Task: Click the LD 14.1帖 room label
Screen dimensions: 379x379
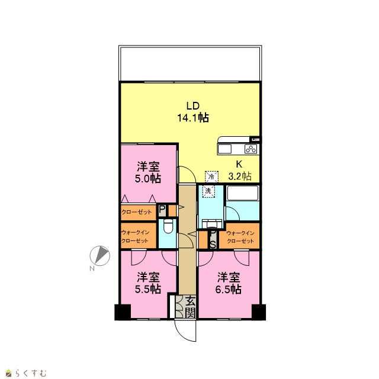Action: tap(193, 112)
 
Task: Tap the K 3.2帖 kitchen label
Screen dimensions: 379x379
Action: tap(240, 170)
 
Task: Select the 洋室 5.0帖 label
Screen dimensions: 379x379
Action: tap(148, 172)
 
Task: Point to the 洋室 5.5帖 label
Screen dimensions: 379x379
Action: tap(148, 283)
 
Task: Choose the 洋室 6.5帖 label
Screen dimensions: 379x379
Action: tap(229, 283)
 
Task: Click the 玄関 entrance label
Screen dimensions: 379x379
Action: tap(191, 307)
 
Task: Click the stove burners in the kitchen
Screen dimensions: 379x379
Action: tap(250, 149)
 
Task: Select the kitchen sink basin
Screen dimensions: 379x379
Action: tap(224, 149)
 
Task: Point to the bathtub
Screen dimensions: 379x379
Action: tap(243, 193)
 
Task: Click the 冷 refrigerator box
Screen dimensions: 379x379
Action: tap(211, 176)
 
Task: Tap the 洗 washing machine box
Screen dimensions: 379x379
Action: tap(208, 191)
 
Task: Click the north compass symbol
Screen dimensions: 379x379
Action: tap(100, 256)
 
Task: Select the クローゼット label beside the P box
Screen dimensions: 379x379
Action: tap(137, 212)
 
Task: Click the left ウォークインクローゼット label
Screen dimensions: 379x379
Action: tap(135, 237)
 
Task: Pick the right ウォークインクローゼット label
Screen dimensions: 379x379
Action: tap(240, 237)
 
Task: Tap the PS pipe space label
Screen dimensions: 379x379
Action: tap(213, 239)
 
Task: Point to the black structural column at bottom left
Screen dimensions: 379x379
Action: tap(123, 312)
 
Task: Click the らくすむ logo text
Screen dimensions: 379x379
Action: tap(30, 373)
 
